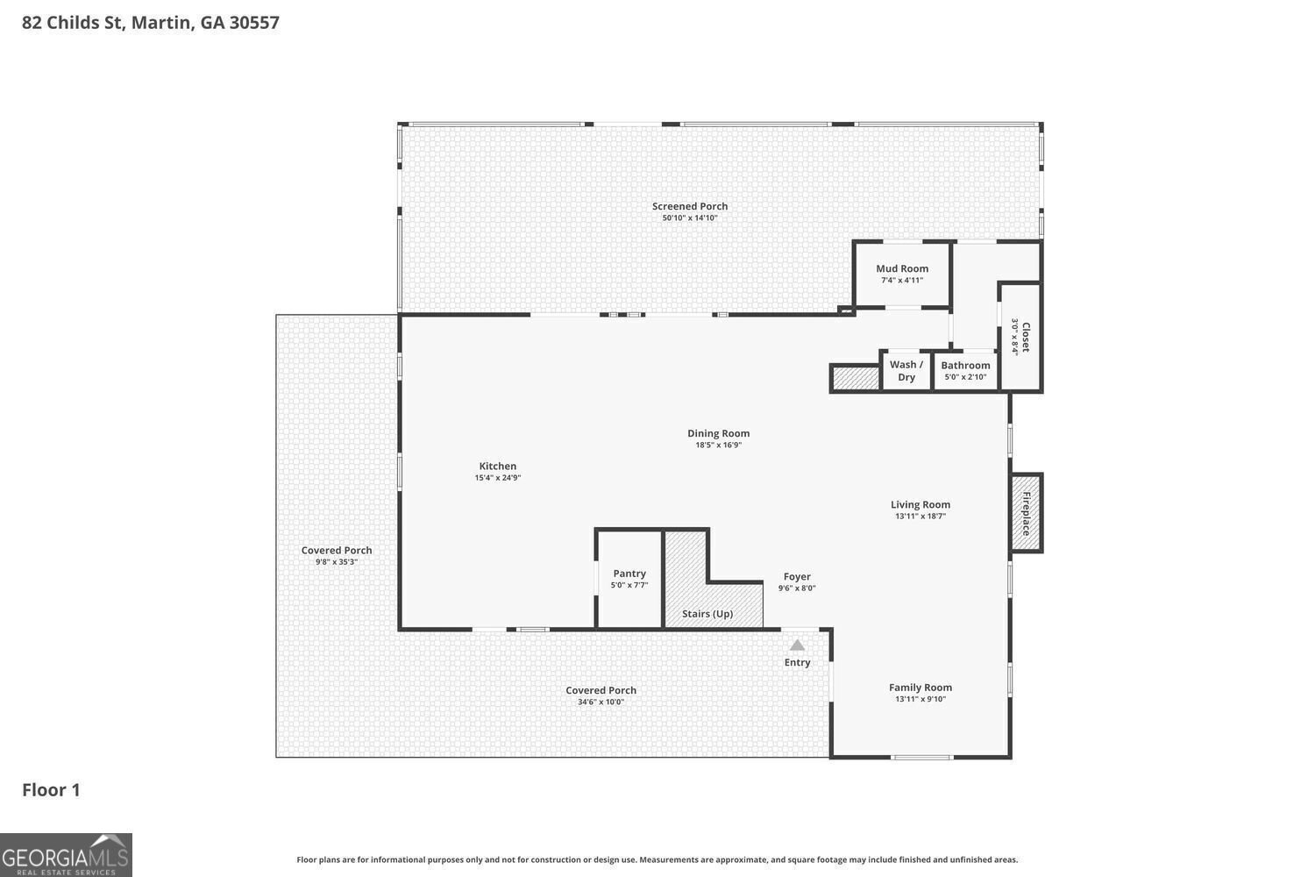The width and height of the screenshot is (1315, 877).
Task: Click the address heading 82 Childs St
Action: (150, 23)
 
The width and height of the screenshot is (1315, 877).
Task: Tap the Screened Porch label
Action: (690, 207)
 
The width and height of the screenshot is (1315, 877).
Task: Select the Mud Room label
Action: (901, 269)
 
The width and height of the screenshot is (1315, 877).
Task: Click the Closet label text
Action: (1025, 337)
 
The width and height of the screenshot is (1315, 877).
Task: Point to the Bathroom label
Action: (965, 366)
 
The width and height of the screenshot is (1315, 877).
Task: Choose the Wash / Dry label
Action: (906, 371)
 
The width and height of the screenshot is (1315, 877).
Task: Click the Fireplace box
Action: (1026, 513)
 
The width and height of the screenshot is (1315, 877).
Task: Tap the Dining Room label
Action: (718, 433)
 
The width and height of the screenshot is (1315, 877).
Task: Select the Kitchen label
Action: (497, 467)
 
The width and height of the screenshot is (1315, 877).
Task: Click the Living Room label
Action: (920, 505)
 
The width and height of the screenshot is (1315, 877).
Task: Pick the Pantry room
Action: (629, 579)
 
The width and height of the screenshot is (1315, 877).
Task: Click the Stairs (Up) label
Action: (707, 614)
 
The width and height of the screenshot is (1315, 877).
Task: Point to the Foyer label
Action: (796, 577)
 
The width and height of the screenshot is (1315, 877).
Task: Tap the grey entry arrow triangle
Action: (797, 645)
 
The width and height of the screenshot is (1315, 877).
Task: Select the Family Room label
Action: (920, 688)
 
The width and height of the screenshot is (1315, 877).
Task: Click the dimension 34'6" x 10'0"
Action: (601, 702)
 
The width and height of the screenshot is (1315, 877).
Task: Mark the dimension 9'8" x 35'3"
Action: (337, 562)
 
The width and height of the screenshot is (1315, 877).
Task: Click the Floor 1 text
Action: (51, 790)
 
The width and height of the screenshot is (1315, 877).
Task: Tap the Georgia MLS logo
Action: (66, 855)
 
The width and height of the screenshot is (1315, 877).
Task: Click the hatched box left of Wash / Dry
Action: (855, 378)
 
